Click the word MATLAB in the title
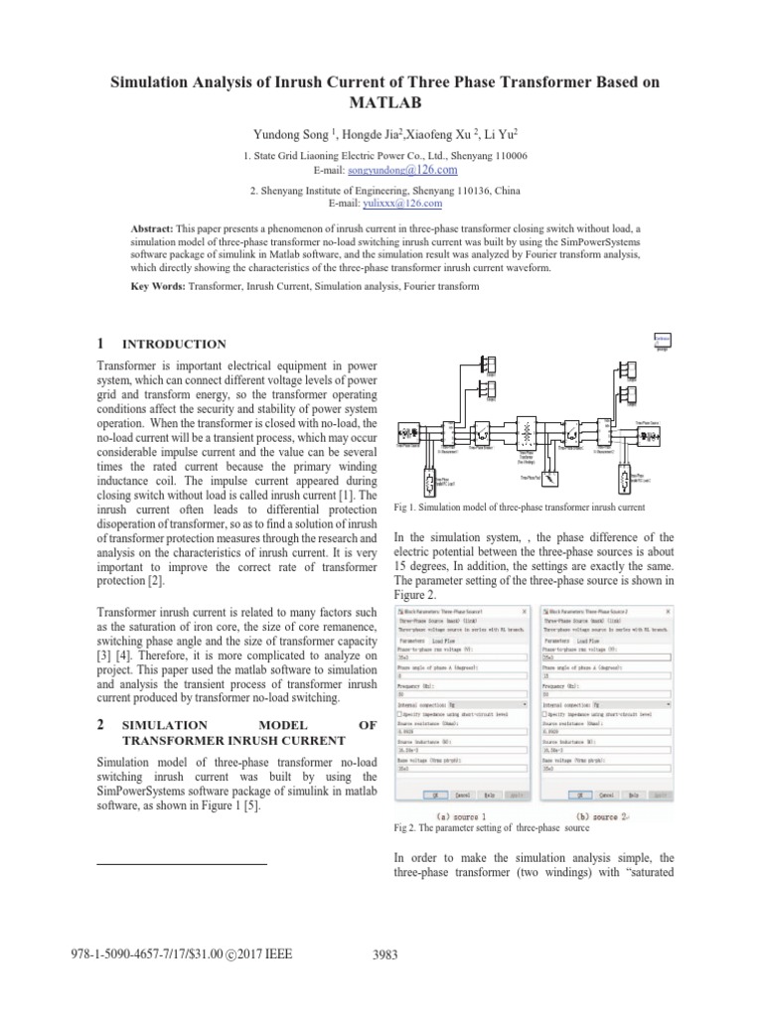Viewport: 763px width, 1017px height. [381, 102]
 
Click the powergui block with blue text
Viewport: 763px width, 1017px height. [661, 341]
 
